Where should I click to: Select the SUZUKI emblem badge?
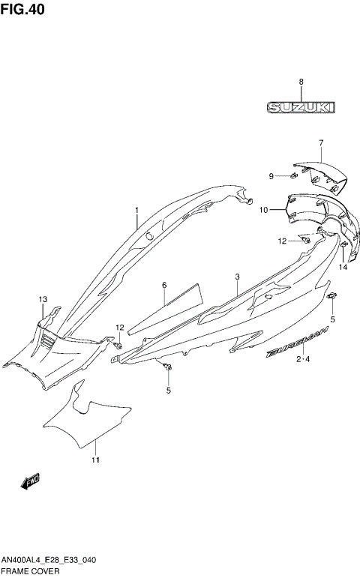coord(300,109)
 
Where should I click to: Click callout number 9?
coord(272,176)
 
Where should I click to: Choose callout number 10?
coord(263,211)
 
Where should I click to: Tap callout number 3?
coord(236,277)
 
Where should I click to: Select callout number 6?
coord(163,286)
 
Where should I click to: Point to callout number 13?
coord(43,299)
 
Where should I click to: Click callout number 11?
coord(95,460)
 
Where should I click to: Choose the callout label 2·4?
coord(303,361)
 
